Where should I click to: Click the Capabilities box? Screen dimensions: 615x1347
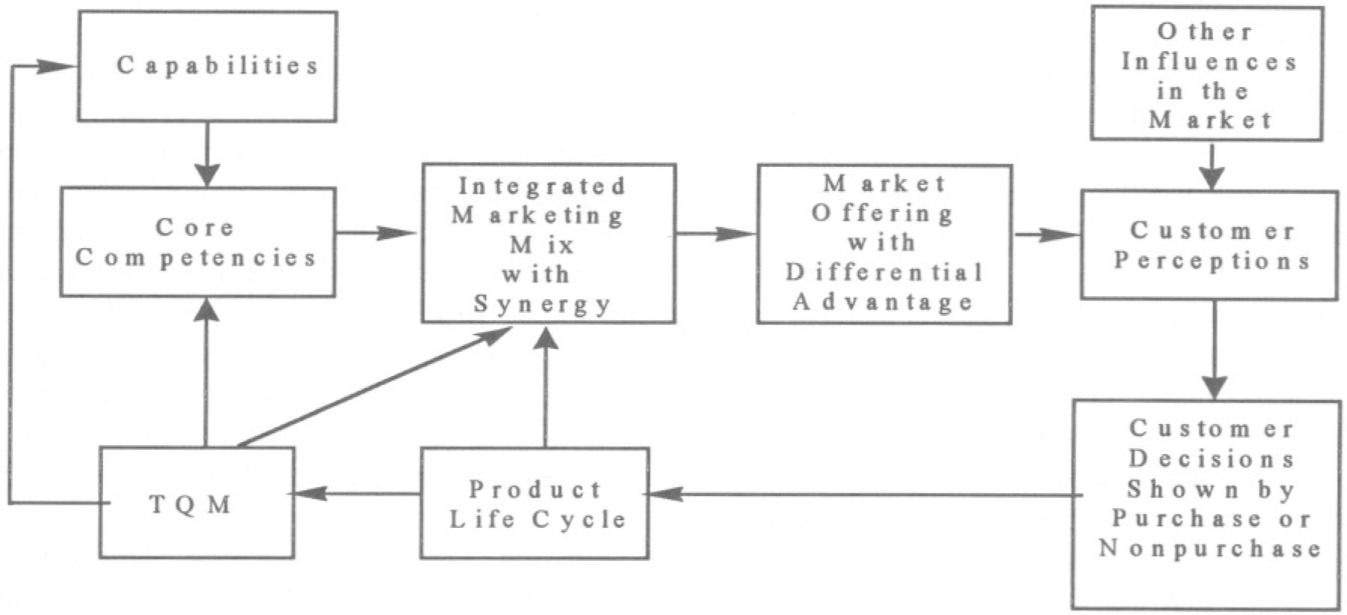(207, 66)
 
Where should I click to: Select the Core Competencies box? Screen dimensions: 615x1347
(197, 242)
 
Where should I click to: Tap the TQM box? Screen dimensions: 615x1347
(196, 502)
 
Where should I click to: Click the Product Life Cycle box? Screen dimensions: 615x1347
(535, 503)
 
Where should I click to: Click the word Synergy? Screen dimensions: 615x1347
(542, 304)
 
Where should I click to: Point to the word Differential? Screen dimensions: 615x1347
(884, 271)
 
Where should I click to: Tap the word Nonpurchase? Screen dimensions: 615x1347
(1209, 548)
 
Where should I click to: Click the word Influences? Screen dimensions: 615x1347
(1209, 62)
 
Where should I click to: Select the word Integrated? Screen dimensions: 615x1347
(542, 186)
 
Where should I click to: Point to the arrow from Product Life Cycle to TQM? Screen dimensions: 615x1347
(357, 493)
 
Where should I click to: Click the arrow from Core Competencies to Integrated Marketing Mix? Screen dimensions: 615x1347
(376, 233)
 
